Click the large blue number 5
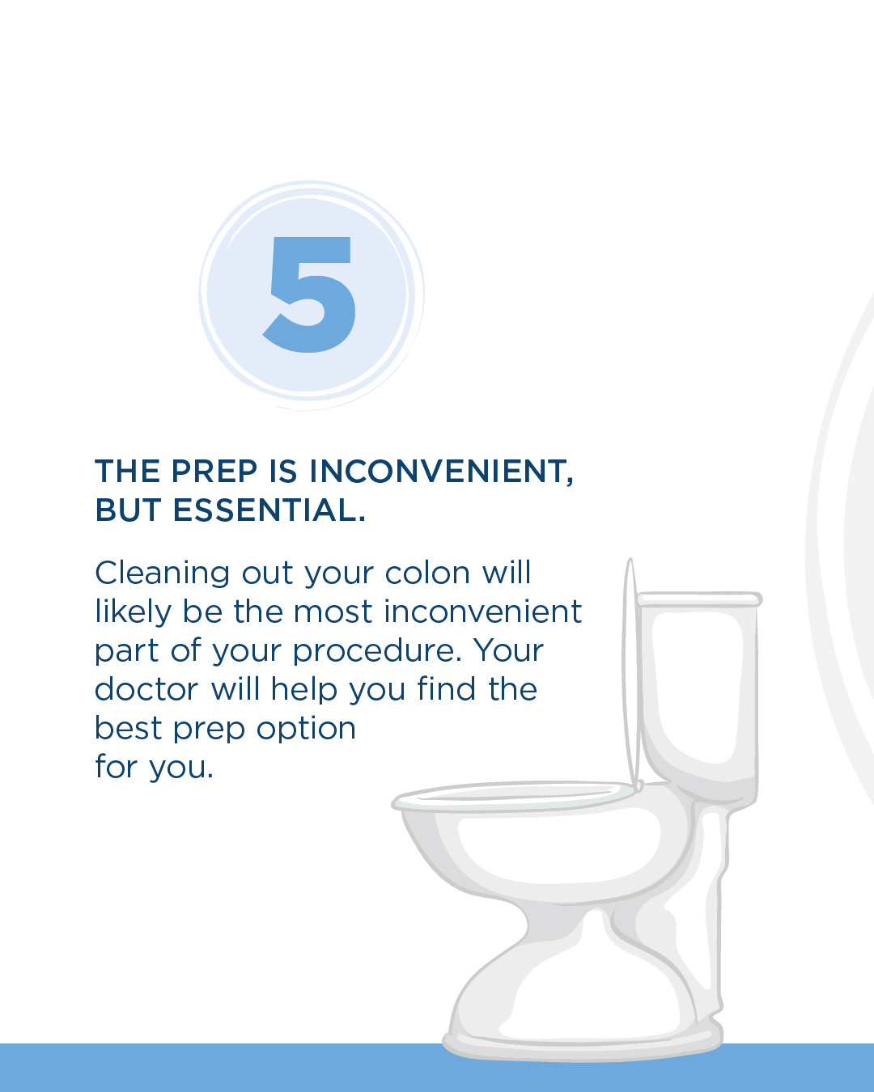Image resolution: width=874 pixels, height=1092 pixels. click(309, 294)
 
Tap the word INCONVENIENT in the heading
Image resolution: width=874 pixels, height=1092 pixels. click(441, 471)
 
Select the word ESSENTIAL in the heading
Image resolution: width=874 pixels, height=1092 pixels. click(269, 510)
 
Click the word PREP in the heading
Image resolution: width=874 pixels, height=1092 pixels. click(214, 471)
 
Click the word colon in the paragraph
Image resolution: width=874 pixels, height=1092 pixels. click(427, 574)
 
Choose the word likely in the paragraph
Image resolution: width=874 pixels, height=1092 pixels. click(133, 612)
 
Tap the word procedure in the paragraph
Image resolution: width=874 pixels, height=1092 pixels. click(377, 651)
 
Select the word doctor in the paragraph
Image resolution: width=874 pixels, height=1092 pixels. click(146, 689)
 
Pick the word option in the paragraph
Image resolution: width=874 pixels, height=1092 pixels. click(306, 730)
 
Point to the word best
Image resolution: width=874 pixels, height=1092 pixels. click(129, 728)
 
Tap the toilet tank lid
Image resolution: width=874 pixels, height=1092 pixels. click(699, 599)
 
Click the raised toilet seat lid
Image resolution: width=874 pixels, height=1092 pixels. click(630, 675)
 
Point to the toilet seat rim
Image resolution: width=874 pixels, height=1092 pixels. click(513, 798)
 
